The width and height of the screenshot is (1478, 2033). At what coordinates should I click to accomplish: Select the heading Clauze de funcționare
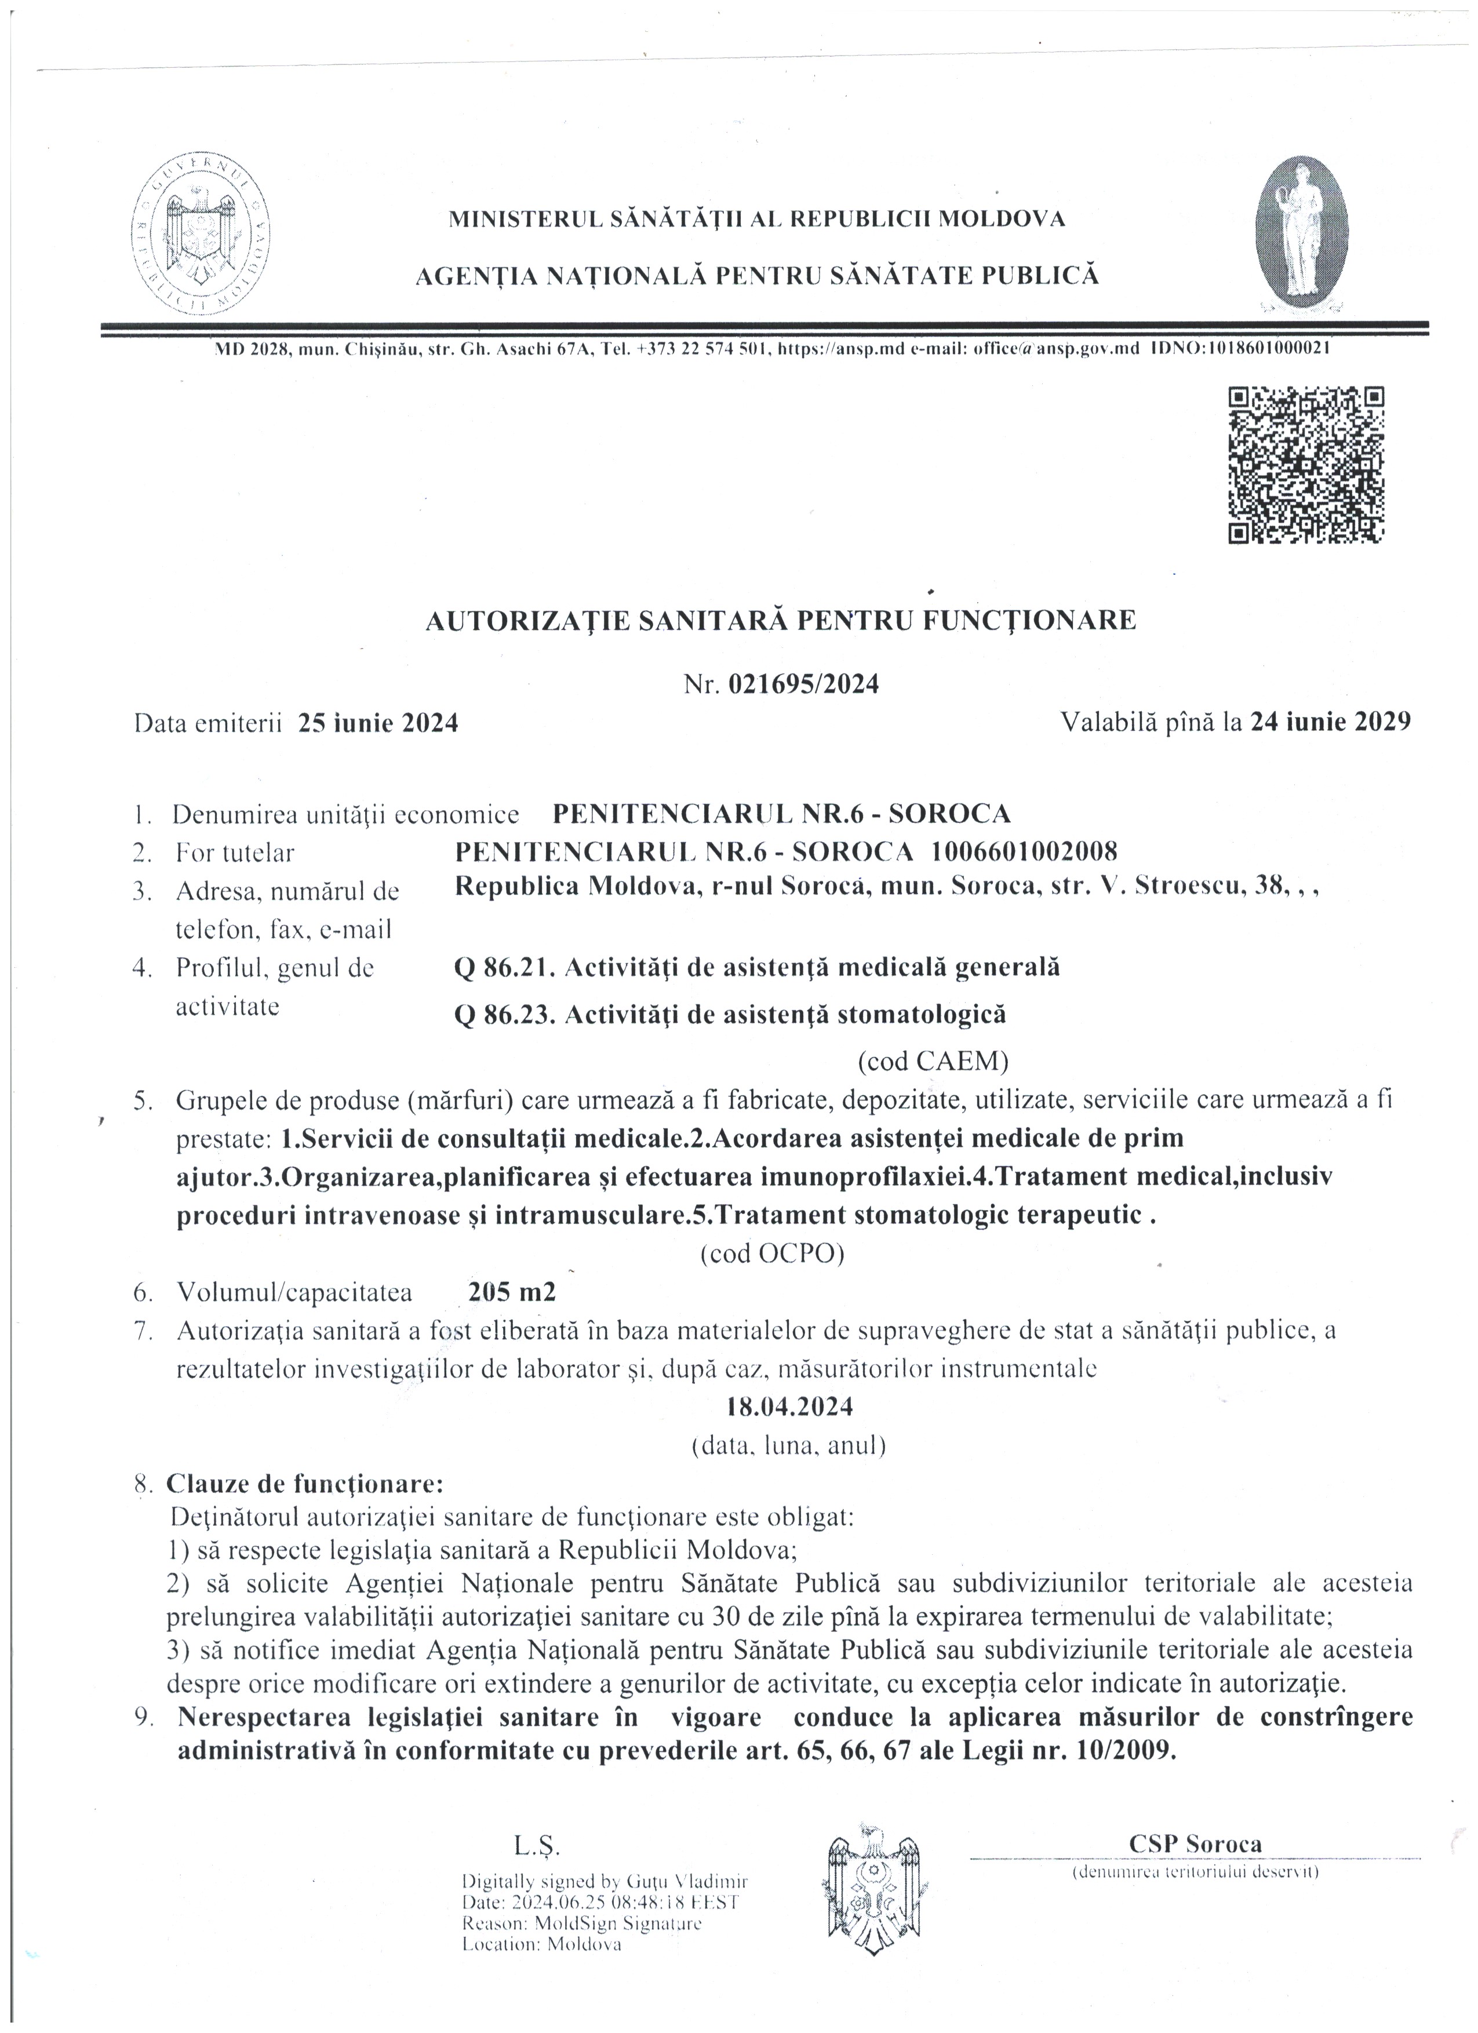click(305, 1484)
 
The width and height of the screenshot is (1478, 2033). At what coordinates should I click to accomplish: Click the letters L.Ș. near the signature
click(536, 1846)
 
